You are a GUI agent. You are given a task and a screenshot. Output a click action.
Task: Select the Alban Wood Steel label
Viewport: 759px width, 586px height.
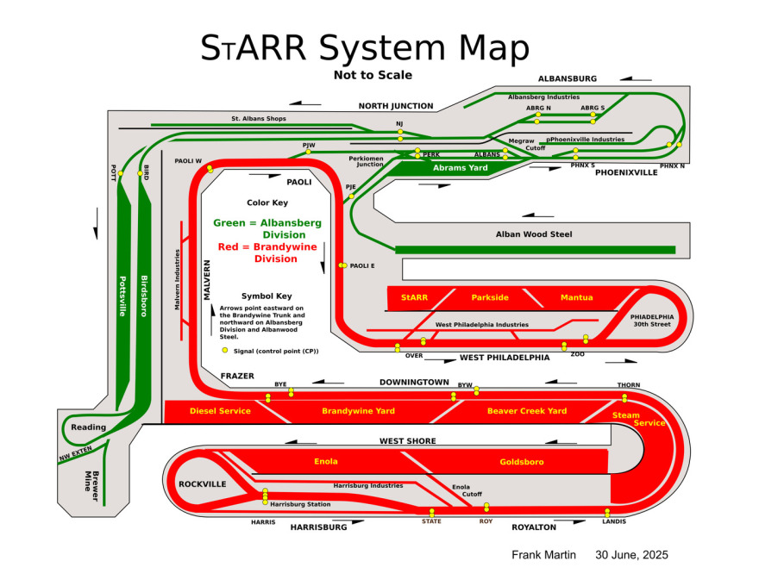[x=534, y=234]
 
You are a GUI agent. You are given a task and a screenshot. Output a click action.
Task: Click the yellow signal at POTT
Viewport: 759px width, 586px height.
[x=121, y=173]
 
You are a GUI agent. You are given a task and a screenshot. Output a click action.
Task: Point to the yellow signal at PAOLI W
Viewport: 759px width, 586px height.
[x=210, y=169]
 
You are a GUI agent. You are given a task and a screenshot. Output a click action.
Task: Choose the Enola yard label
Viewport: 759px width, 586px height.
[x=326, y=462]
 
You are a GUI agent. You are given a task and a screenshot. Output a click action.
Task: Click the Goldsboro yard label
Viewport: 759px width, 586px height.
[x=522, y=462]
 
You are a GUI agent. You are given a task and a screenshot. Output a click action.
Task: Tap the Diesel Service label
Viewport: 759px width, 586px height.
[x=220, y=411]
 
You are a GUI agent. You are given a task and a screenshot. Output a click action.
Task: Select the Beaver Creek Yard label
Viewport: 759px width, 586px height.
[x=527, y=411]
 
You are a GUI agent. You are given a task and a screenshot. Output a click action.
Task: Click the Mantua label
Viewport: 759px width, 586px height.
[x=576, y=297]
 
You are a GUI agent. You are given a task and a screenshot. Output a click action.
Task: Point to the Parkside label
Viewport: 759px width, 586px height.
[x=490, y=297]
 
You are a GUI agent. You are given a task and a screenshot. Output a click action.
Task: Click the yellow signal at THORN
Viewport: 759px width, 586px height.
[x=624, y=397]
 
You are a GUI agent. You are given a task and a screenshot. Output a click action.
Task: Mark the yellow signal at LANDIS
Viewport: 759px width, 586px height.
[x=607, y=513]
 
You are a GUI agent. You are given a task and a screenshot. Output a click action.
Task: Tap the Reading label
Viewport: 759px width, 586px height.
[x=88, y=427]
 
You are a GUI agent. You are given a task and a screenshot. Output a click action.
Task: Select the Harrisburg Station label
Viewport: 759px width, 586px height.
[x=301, y=503]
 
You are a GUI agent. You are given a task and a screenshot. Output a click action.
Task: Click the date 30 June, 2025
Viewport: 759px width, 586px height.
[x=631, y=555]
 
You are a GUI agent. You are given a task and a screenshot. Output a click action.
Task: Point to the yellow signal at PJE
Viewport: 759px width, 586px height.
[x=351, y=196]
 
